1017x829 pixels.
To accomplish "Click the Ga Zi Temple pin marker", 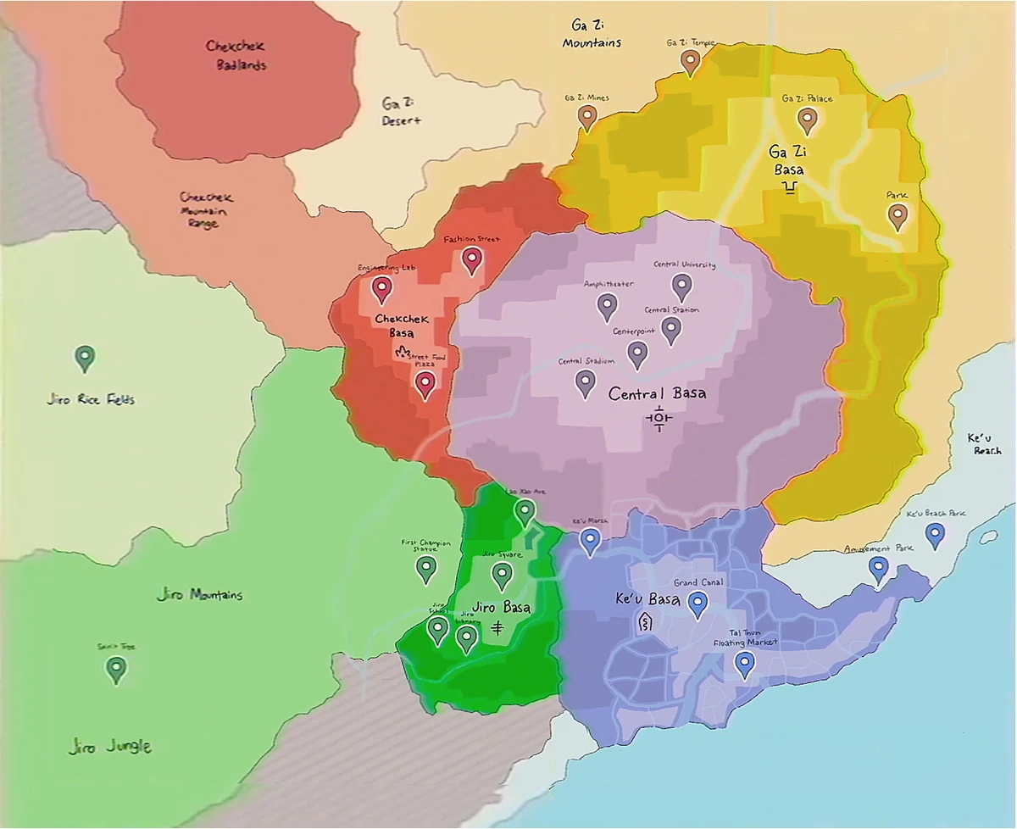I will point(691,62).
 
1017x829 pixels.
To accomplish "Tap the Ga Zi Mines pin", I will point(587,117).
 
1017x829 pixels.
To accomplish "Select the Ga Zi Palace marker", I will point(808,120).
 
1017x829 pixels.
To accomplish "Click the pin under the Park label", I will point(898,216).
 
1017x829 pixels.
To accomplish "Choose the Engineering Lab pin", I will point(382,289).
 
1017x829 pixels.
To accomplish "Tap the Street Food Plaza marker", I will point(425,385).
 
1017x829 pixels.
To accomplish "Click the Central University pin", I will point(682,287).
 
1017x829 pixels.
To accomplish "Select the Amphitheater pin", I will point(607,305).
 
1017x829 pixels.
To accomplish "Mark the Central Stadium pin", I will point(585,383).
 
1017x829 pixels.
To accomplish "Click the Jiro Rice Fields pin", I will point(84,358).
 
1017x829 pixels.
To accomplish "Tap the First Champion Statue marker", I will point(426,569).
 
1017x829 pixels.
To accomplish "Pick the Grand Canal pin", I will point(697,604).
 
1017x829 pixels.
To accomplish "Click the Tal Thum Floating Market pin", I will point(744,664).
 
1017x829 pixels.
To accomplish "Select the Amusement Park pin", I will point(879,570).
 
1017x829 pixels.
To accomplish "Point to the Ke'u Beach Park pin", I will point(935,535).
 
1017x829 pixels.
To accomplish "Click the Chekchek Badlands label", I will point(236,55).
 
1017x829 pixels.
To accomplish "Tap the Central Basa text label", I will point(657,394).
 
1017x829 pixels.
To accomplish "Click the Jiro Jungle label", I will point(110,747).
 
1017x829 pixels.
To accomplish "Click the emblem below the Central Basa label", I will point(659,418).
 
